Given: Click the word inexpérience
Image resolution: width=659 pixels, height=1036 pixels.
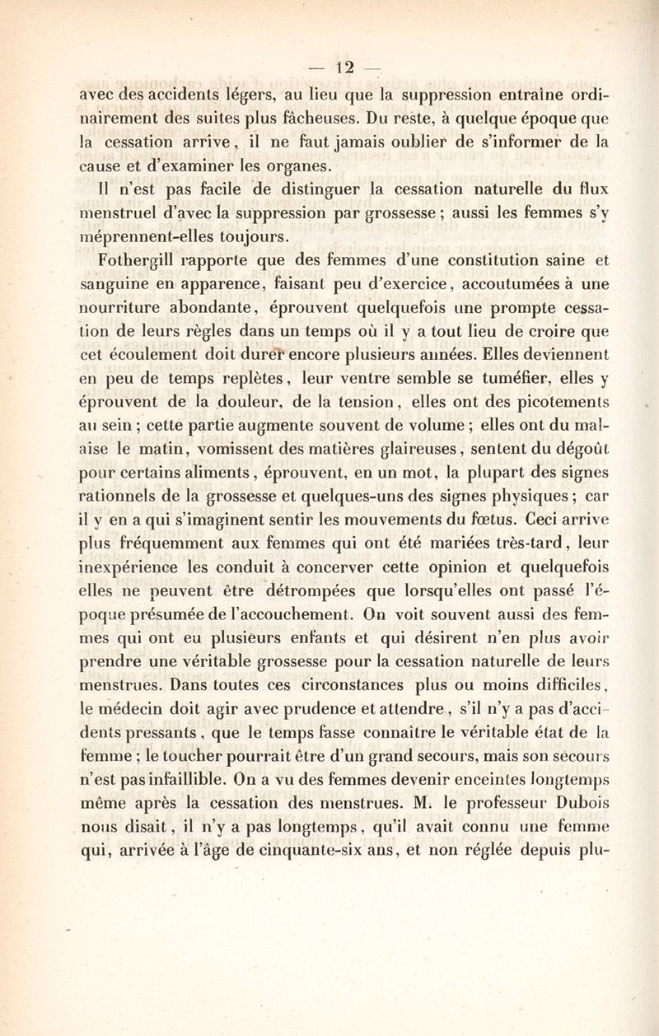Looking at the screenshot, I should click(129, 567).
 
